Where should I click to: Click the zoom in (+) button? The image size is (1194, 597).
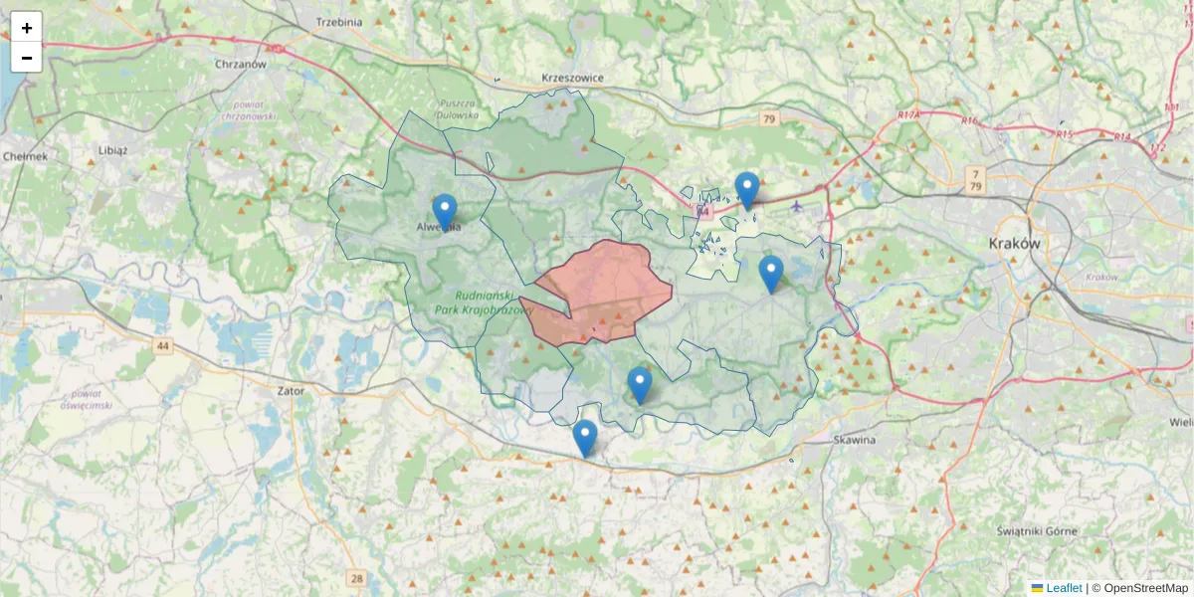(27, 28)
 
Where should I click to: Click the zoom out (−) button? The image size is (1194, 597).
(27, 58)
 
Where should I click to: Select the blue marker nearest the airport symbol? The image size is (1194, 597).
(747, 190)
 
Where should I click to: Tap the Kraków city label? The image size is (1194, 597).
(1014, 243)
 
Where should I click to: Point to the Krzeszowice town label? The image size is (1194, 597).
(572, 78)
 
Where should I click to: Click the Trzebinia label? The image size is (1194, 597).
(338, 21)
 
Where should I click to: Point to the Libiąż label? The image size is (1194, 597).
(112, 149)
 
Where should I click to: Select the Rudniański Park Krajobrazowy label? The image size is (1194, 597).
(484, 302)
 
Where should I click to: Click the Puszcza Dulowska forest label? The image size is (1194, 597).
(458, 108)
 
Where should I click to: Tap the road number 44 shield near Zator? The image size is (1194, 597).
(163, 346)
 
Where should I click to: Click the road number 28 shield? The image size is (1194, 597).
(357, 578)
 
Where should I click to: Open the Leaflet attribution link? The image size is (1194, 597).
(1063, 588)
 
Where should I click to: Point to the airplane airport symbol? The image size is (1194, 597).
(797, 206)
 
